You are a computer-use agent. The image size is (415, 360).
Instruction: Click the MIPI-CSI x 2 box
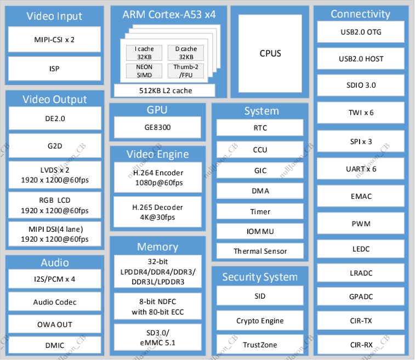click(54, 39)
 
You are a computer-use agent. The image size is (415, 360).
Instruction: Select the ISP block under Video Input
click(54, 68)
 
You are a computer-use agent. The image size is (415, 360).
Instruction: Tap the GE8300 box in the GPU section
click(157, 127)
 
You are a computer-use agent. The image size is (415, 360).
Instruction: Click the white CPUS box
click(270, 53)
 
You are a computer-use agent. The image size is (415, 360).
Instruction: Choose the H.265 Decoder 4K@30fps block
click(158, 212)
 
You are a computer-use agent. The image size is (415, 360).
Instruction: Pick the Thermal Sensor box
click(260, 251)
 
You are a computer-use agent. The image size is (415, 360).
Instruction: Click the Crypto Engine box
click(260, 321)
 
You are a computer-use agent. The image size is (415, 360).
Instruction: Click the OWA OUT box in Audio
click(54, 324)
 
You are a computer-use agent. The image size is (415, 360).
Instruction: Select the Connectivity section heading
click(360, 14)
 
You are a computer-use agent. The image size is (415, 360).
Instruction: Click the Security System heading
click(260, 277)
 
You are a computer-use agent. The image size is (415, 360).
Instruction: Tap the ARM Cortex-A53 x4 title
click(168, 15)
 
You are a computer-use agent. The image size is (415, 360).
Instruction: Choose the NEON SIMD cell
click(144, 71)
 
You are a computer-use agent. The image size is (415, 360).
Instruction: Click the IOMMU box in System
click(260, 231)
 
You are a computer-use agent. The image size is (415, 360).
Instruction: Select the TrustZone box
click(260, 345)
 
